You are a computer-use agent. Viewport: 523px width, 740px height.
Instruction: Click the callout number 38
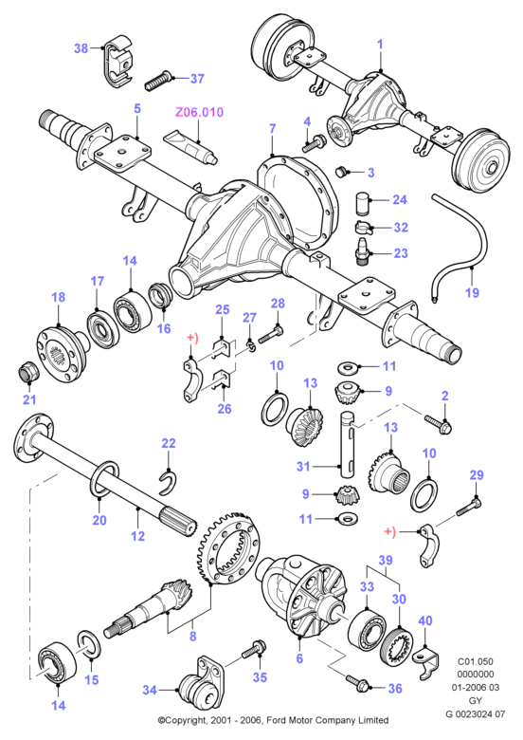click(x=81, y=48)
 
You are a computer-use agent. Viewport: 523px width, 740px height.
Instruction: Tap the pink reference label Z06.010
click(x=199, y=112)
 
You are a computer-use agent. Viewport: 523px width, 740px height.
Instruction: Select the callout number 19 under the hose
click(x=472, y=292)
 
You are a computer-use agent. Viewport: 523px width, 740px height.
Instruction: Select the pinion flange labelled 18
click(x=61, y=348)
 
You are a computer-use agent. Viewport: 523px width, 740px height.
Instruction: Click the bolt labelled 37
click(x=158, y=81)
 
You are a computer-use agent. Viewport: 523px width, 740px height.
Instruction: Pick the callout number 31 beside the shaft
click(x=303, y=467)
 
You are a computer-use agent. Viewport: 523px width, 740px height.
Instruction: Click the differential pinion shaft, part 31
click(x=349, y=443)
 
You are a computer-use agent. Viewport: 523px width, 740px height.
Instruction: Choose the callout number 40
click(x=425, y=620)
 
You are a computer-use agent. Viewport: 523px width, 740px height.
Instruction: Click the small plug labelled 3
click(x=342, y=171)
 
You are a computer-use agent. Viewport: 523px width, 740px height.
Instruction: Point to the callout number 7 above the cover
click(x=272, y=128)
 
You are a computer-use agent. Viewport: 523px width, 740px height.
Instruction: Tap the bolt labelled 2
click(x=439, y=424)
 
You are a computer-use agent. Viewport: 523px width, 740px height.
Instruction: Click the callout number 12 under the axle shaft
click(x=138, y=536)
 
